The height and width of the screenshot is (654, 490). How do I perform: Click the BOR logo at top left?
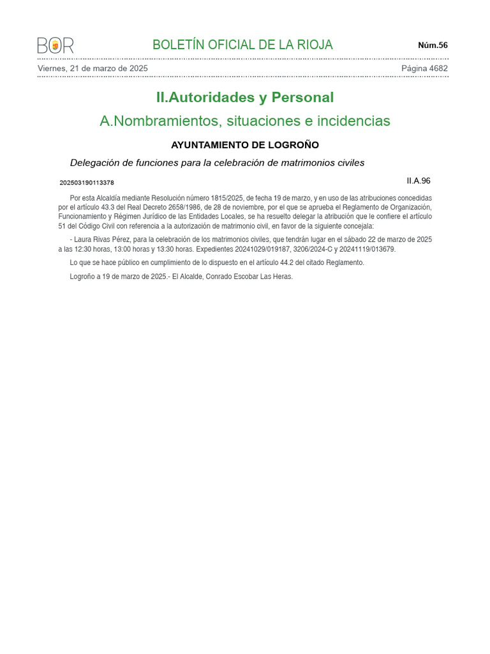56,45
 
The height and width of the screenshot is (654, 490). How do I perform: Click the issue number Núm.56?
433,45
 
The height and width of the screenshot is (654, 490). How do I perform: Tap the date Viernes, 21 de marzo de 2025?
93,68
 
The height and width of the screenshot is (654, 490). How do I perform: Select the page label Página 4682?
424,68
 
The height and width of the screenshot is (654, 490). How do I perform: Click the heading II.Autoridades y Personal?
245,98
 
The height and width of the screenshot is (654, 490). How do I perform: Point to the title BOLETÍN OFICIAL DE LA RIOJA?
242,45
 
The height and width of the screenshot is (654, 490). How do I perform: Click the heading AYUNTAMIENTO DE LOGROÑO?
245,145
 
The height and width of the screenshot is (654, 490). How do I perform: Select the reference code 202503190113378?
87,183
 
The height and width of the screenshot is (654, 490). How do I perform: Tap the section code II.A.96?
419,181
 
